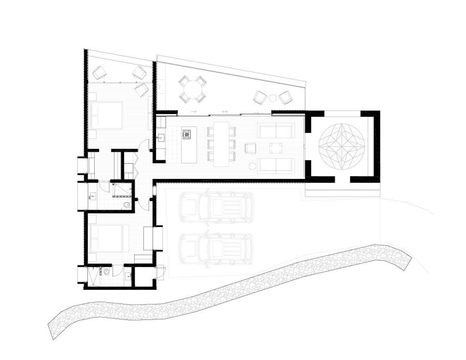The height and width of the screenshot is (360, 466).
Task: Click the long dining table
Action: tap(221, 144)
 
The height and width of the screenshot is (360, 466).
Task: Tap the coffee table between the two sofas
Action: tap(275, 148)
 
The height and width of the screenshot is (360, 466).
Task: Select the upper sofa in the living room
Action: tap(276, 130)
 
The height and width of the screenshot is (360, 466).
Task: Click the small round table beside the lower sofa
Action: tap(252, 167)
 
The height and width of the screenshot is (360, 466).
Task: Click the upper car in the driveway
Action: tap(216, 208)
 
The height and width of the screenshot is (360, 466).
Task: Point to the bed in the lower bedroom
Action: tap(106, 239)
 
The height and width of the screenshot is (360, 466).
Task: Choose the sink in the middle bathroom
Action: tap(92, 197)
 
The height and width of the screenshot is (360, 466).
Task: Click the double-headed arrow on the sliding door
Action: tap(225, 112)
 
